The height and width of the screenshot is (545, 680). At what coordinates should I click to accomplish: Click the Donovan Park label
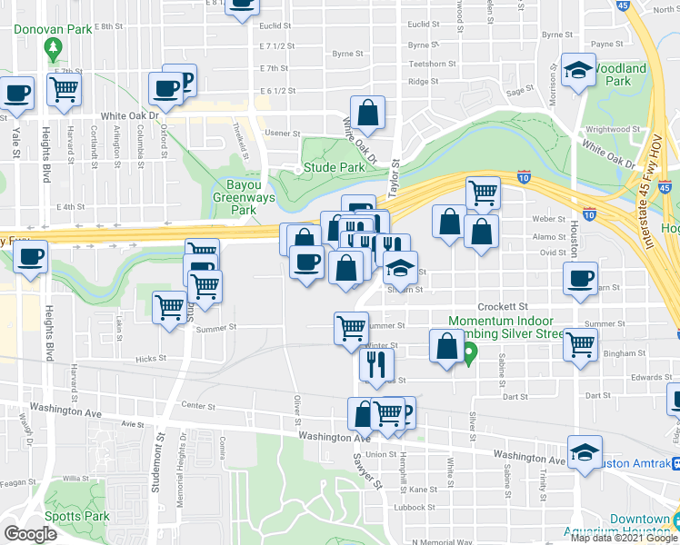(x=53, y=29)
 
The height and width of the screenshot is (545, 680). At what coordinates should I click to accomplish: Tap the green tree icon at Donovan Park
(x=54, y=47)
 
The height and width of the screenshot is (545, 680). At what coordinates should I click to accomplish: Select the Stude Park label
(x=334, y=167)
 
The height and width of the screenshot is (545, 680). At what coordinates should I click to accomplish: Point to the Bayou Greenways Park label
(x=235, y=197)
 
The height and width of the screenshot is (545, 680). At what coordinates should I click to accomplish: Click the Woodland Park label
(x=622, y=74)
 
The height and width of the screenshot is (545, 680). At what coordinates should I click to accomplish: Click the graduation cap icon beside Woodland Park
(x=576, y=70)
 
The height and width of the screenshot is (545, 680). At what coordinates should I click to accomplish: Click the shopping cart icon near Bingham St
(x=579, y=344)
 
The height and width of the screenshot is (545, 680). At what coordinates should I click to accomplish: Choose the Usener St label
(x=282, y=133)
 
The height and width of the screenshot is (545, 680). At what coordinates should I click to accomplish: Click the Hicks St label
(x=146, y=360)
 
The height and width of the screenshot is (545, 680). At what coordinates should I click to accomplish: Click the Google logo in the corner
(x=30, y=534)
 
